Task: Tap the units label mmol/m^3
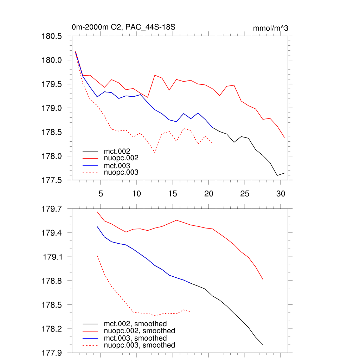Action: (x=270, y=28)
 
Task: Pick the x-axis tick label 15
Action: (x=173, y=194)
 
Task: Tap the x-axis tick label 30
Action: (x=281, y=194)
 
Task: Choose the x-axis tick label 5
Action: (x=101, y=194)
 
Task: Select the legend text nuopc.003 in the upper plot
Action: (x=121, y=172)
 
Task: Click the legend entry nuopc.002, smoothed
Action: (x=140, y=331)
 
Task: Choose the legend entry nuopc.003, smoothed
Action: (x=140, y=345)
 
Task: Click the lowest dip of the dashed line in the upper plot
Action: (x=155, y=153)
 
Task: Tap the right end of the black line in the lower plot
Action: (x=263, y=345)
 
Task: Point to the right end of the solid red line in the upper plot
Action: (x=284, y=137)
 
